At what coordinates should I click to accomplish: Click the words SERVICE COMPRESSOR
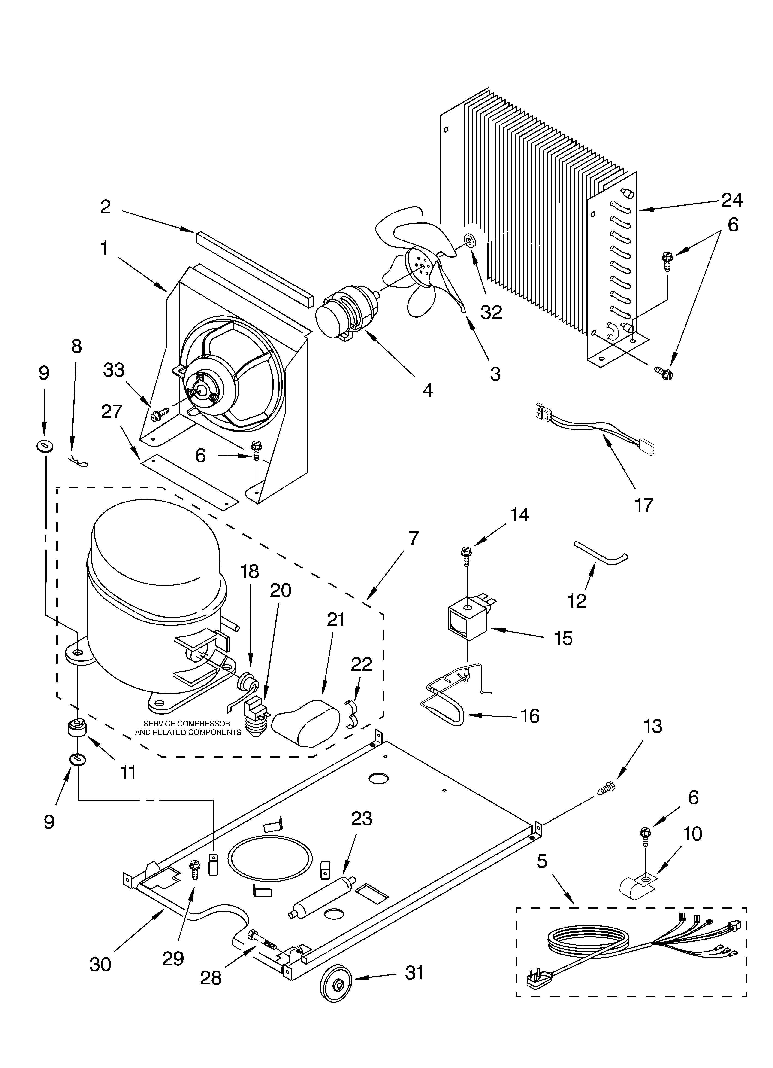pos(187,723)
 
